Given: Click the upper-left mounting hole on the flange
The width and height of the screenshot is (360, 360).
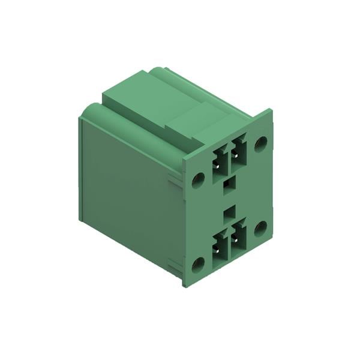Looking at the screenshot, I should [x=198, y=178].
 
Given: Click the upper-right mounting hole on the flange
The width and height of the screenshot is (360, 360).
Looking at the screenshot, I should [x=260, y=143].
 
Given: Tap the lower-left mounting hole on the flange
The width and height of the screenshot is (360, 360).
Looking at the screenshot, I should [x=198, y=263].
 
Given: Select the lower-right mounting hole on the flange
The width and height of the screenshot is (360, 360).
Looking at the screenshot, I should [x=260, y=228].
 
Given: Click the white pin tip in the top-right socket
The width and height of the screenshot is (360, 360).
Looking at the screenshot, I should [x=236, y=151].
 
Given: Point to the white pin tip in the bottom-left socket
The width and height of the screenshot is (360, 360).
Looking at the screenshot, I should [x=217, y=247].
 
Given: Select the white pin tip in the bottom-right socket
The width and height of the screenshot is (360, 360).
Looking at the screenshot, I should [x=236, y=236].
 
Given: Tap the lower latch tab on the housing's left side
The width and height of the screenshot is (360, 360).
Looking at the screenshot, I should [x=175, y=263].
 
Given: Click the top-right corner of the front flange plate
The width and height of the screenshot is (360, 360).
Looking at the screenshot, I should [x=271, y=110].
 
